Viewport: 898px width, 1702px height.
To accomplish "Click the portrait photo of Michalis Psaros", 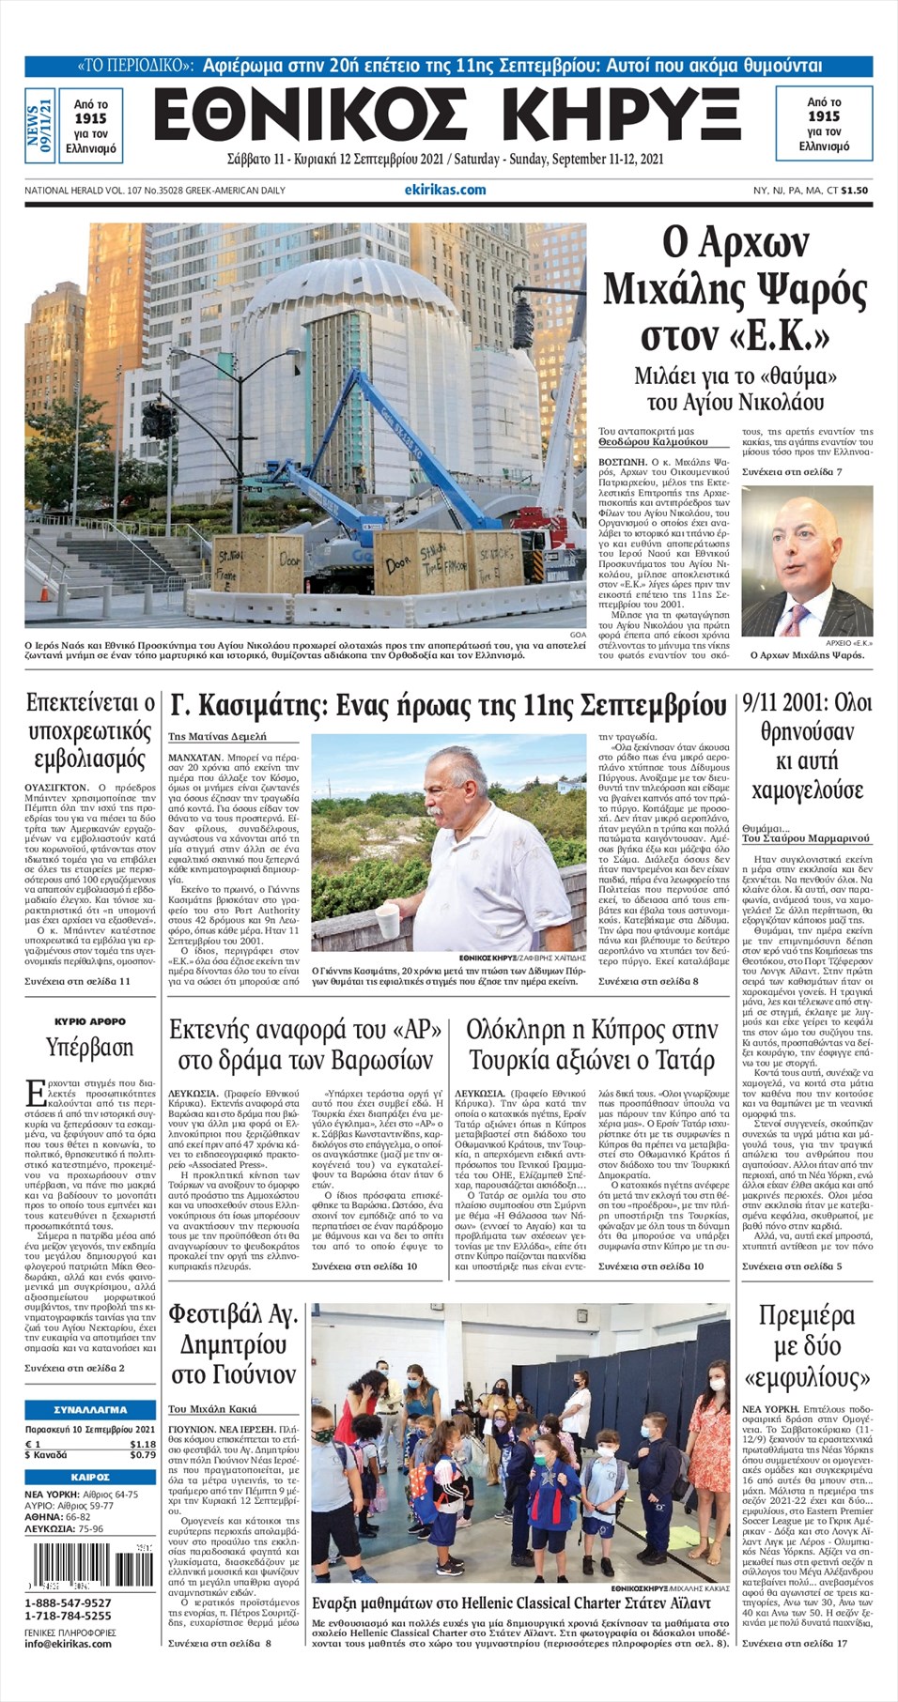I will (807, 561).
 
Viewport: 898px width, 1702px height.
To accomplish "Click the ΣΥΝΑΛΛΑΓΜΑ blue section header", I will (90, 1409).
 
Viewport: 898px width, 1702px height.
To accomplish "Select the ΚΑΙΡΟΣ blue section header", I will (90, 1477).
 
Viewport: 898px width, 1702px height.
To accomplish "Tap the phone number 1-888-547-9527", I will (68, 1602).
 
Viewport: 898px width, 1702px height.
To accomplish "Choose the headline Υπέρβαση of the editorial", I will (90, 1047).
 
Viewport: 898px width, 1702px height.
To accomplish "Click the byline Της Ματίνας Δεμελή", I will (217, 737).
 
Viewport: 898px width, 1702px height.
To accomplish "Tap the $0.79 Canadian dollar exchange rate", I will (143, 1455).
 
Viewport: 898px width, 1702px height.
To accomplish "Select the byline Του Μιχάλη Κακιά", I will (212, 1409).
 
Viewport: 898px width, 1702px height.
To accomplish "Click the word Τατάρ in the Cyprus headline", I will (681, 1061).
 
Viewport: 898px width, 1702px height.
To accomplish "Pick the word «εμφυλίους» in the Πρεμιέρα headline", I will (807, 1378).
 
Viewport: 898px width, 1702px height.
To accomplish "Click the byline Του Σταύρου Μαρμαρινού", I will (806, 838).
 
